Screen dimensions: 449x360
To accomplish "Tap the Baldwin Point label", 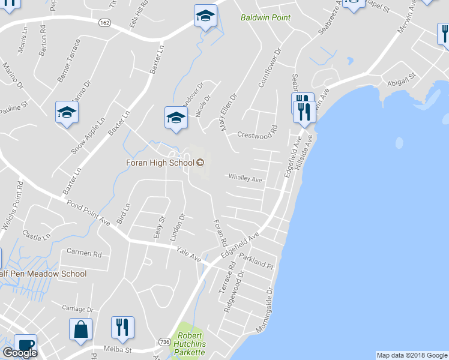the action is point(265,18).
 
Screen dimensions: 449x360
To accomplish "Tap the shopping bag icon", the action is point(80,329).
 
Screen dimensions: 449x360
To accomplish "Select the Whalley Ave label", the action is point(245,179).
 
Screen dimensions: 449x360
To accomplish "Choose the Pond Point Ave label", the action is point(88,212).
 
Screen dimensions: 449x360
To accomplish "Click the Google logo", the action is point(20,353).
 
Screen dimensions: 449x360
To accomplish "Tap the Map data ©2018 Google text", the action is point(412,355).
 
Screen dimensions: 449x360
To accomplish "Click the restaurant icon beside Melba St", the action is point(122,328).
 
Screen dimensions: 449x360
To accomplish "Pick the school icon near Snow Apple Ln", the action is point(67,112).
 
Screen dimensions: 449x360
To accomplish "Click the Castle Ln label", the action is point(37,234).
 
